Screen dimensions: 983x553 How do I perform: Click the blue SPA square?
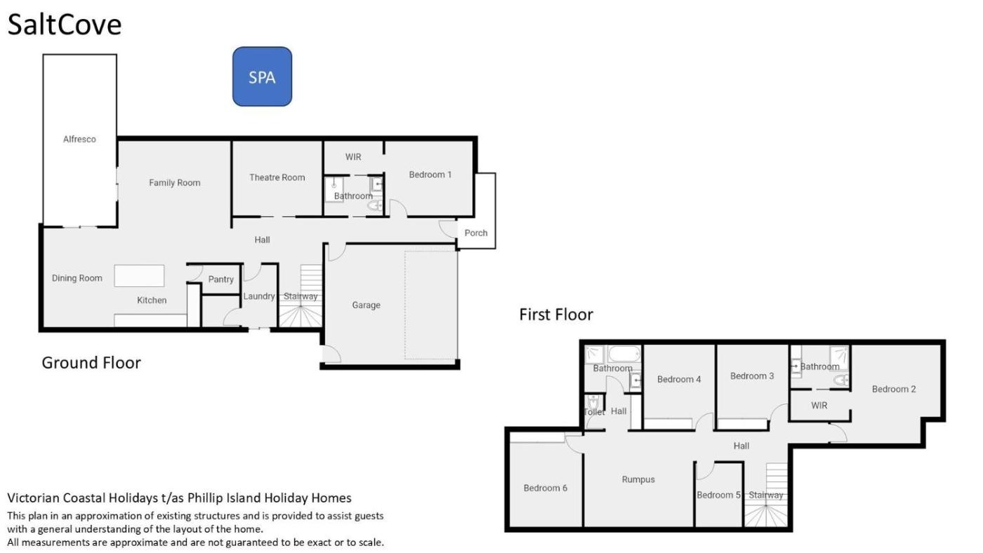coord(262,76)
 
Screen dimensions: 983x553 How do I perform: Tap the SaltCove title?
coord(65,25)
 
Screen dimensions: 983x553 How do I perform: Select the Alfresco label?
coord(79,139)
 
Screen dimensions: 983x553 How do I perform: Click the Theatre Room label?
coord(277,177)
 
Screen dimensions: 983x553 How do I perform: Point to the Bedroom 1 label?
coord(430,175)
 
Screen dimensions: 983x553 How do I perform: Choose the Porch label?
coord(476,233)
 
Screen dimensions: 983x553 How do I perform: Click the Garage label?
coord(366,305)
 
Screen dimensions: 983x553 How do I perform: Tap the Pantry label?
coord(220,279)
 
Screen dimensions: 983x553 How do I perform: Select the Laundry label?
coord(259,296)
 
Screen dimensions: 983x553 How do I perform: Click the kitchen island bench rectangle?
coord(139,275)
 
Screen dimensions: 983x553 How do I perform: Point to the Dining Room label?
coord(77,278)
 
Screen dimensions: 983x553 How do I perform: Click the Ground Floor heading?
coord(91,363)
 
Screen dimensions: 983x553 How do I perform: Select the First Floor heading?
coord(556,314)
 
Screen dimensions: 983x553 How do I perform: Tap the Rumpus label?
coord(638,479)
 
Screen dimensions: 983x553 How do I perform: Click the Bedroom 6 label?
coord(545,488)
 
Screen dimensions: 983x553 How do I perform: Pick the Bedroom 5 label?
coord(718,495)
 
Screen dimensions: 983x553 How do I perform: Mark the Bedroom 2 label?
coord(893,389)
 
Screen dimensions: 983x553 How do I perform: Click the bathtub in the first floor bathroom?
coord(624,354)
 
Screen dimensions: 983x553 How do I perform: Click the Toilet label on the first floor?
coord(594,412)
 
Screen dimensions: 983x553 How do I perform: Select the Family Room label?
coord(175,182)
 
